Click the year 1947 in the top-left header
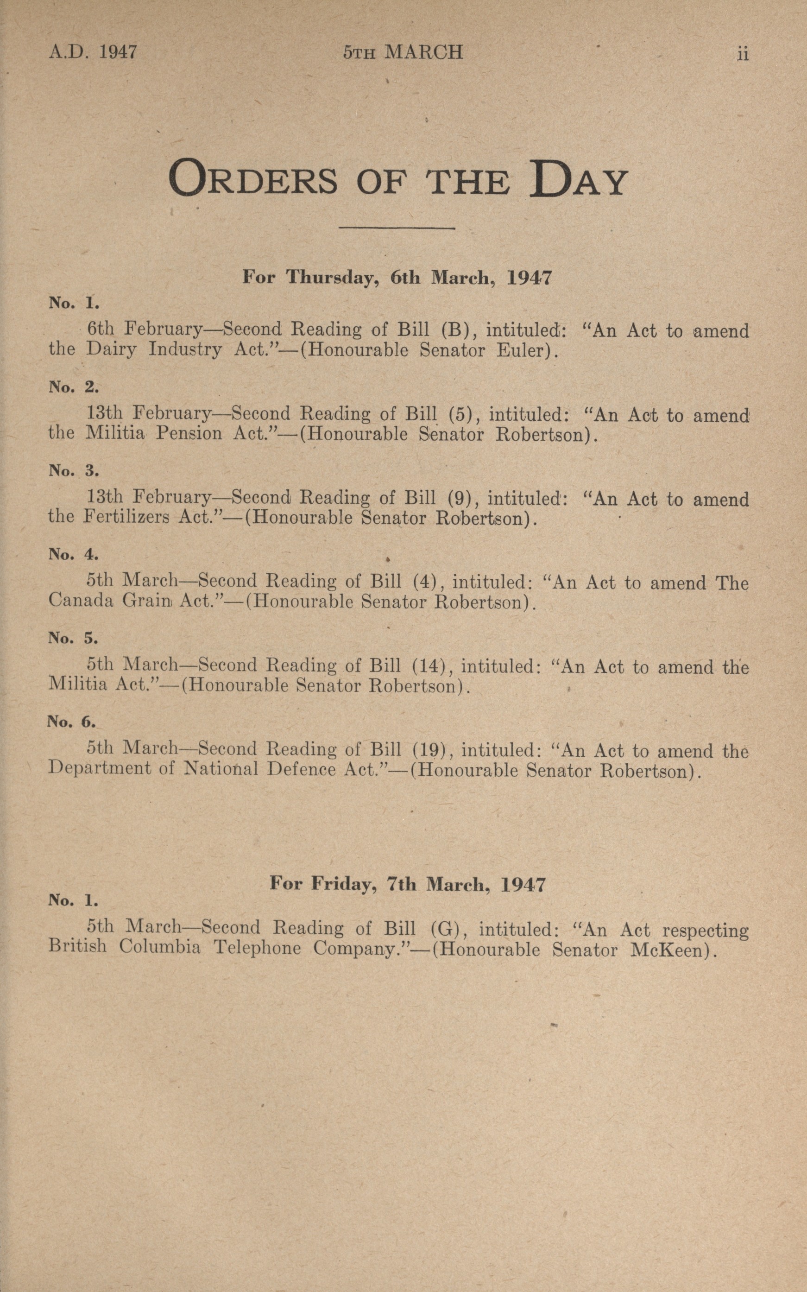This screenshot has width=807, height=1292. [118, 52]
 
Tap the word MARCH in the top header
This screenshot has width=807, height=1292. [424, 52]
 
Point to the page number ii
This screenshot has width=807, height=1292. [743, 54]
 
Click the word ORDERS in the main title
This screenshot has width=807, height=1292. [253, 179]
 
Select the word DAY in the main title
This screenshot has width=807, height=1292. [578, 179]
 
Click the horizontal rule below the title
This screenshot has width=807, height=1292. [397, 229]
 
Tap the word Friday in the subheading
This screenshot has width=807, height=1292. [344, 884]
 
